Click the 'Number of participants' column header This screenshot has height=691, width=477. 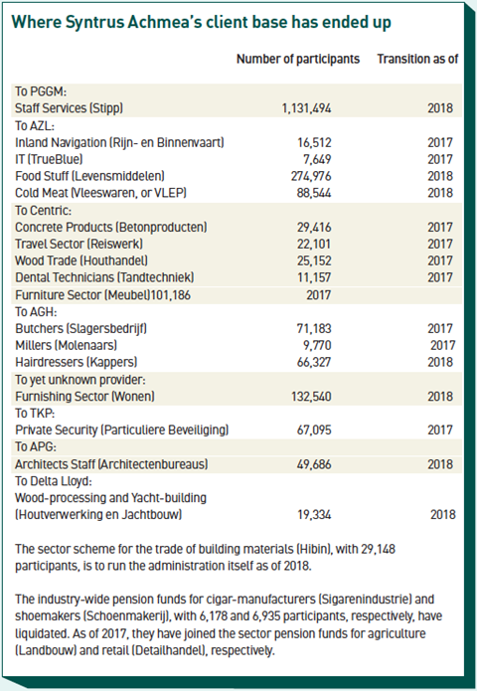298,59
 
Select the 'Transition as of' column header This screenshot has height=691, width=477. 417,59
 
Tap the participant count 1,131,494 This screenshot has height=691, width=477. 306,108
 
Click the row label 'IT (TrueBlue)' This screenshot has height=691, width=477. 49,159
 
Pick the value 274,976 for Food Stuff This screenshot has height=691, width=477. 311,176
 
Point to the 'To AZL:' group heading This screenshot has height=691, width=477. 35,126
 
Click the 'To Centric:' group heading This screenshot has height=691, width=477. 43,211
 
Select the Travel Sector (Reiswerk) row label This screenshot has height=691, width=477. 79,245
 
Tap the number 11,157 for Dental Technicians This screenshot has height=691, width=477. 314,277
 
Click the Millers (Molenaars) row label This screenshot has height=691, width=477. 66,346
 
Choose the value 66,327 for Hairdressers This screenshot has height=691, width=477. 314,362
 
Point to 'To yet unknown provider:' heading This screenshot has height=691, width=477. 80,380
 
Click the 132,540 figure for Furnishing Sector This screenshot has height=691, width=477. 311,397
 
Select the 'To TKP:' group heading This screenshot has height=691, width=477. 35,414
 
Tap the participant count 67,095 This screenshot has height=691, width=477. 314,431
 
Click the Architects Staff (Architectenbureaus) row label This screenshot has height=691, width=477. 111,464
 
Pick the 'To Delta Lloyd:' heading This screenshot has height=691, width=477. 54,481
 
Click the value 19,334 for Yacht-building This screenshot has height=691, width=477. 314,515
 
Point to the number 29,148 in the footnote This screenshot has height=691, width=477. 378,549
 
